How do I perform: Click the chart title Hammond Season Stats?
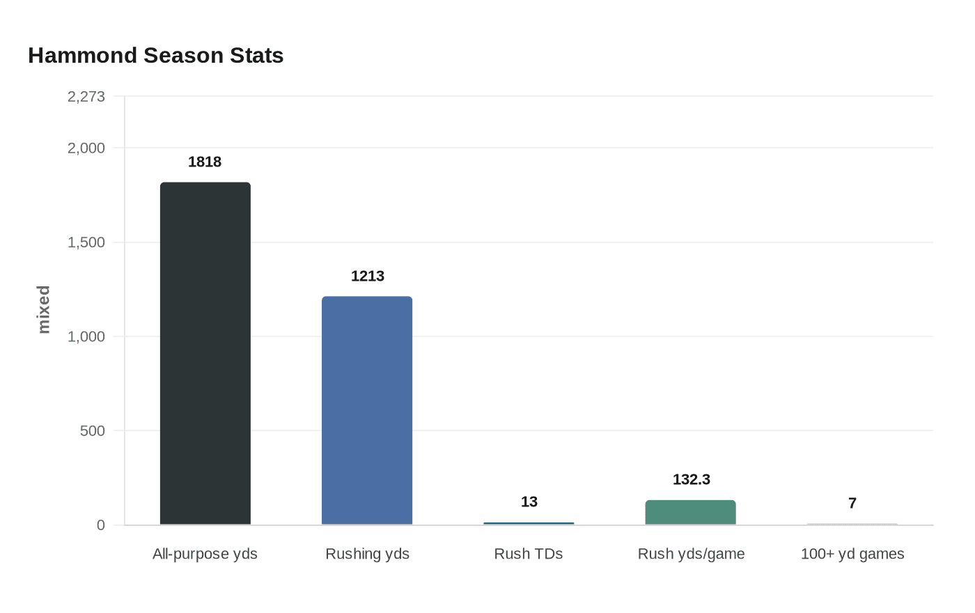[155, 56]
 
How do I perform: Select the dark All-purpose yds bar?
[205, 353]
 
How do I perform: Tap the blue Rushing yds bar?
[367, 410]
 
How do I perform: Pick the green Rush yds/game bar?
[690, 512]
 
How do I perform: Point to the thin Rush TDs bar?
[529, 523]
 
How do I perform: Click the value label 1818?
[205, 162]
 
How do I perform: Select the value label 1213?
[367, 276]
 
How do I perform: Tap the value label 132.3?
[691, 479]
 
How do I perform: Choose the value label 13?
[529, 502]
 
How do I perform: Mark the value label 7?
[852, 503]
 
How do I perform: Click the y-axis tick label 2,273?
[86, 96]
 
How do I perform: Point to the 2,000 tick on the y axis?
[86, 148]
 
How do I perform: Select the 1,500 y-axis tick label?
[86, 242]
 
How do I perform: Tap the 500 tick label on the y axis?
[92, 430]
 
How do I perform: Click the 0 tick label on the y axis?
[100, 525]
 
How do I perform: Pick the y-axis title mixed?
[44, 309]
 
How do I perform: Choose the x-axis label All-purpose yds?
[205, 554]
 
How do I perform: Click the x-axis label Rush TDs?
[529, 554]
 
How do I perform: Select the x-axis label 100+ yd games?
[852, 554]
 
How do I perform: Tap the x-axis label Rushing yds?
[367, 554]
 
